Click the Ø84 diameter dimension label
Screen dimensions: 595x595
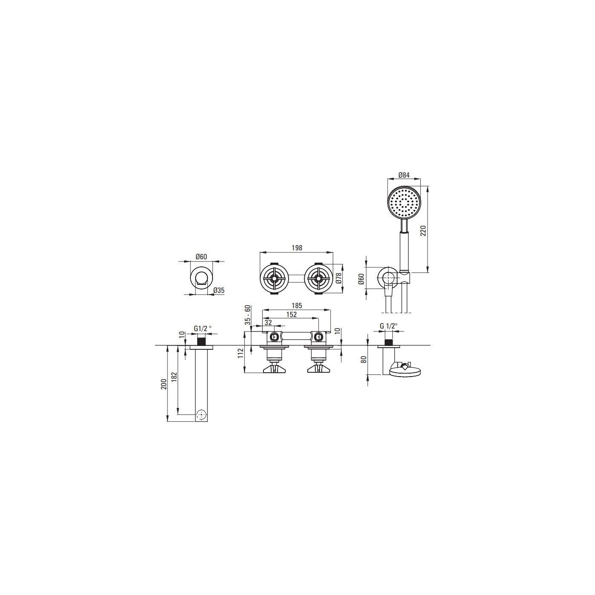404,175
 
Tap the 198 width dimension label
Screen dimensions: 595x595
296,248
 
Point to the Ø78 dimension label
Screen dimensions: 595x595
339,278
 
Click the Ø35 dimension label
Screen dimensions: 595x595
219,290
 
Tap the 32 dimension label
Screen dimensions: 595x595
268,322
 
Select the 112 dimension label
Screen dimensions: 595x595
241,353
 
